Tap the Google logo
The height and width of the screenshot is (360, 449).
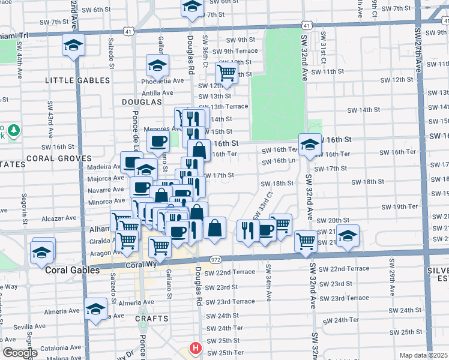click(x=20, y=353)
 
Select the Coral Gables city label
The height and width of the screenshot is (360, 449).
click(x=73, y=271)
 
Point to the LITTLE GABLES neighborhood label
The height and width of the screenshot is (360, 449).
click(x=77, y=80)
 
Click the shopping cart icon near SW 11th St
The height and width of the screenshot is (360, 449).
click(x=226, y=73)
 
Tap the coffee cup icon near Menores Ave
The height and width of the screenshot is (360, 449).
click(x=158, y=141)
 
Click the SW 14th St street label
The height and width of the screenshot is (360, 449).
click(x=365, y=110)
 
